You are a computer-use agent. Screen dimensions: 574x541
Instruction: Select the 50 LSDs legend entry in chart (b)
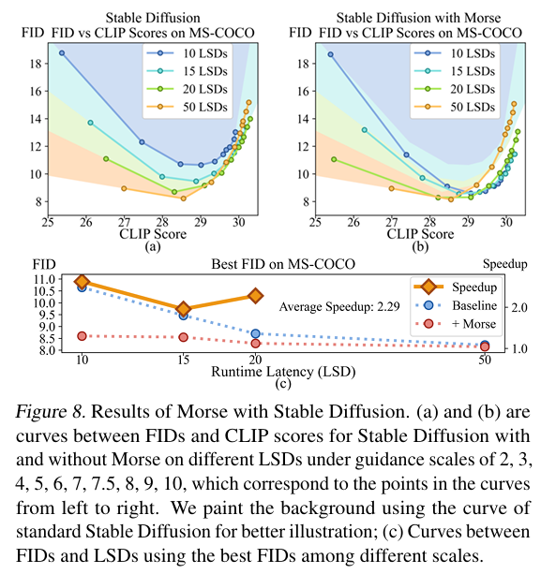tap(465, 108)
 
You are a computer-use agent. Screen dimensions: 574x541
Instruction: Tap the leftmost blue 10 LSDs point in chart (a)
tap(62, 53)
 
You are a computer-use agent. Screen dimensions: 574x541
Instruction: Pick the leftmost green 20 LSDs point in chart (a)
tap(106, 159)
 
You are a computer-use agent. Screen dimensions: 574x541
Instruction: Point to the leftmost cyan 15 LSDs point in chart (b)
tap(364, 130)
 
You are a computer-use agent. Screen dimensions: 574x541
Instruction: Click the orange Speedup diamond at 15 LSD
tap(184, 309)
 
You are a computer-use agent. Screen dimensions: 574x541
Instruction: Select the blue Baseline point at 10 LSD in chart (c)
tap(82, 287)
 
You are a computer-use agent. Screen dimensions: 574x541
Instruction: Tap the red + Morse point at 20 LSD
tap(256, 344)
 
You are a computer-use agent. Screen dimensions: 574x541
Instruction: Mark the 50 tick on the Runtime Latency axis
tap(484, 361)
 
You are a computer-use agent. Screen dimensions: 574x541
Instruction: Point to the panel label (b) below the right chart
tap(419, 247)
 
